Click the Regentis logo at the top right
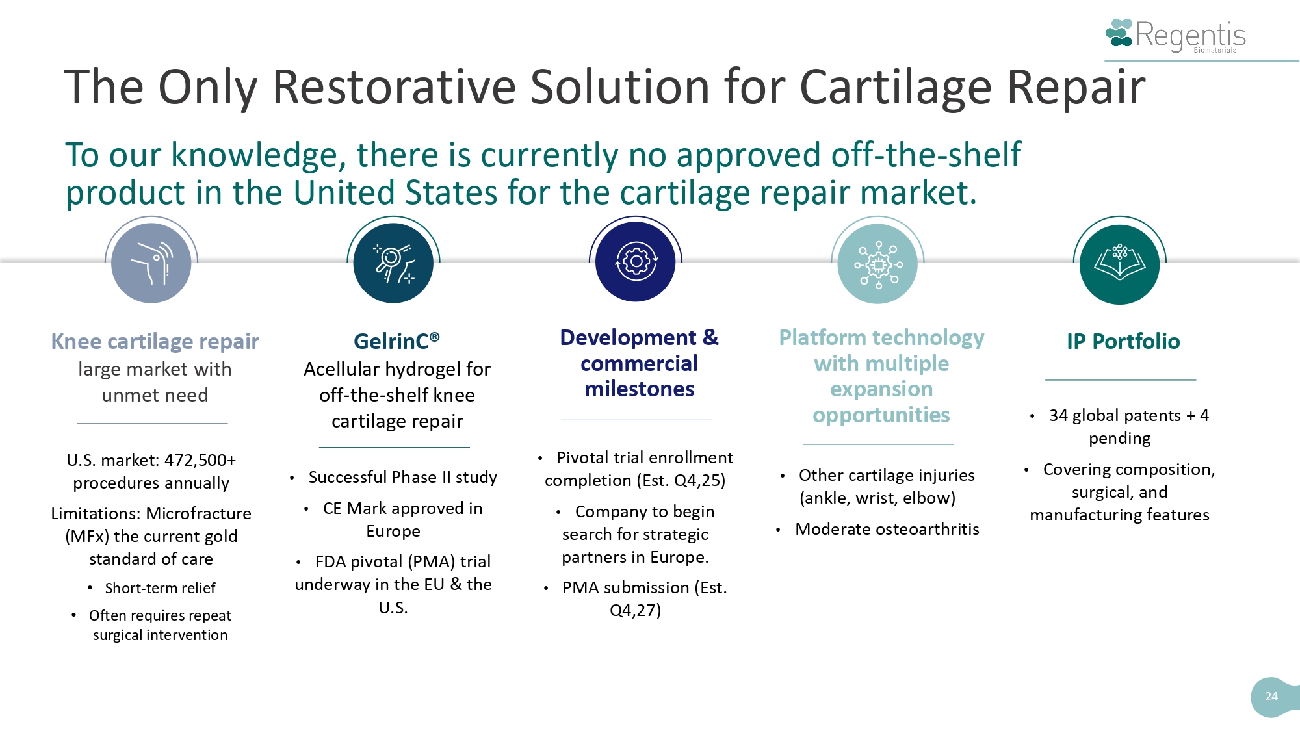1176,35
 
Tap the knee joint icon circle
151,263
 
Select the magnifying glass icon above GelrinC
393,263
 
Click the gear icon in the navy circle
636,263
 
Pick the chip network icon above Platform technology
877,264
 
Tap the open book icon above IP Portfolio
1119,264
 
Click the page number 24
1271,697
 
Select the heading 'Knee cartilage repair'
155,341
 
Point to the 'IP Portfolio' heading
1123,341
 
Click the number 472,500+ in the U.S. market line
200,460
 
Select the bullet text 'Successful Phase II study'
402,477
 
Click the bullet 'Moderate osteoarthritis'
887,529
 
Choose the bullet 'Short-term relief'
160,588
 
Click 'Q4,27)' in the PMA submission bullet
635,610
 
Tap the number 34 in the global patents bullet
1058,415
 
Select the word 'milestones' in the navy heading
639,389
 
